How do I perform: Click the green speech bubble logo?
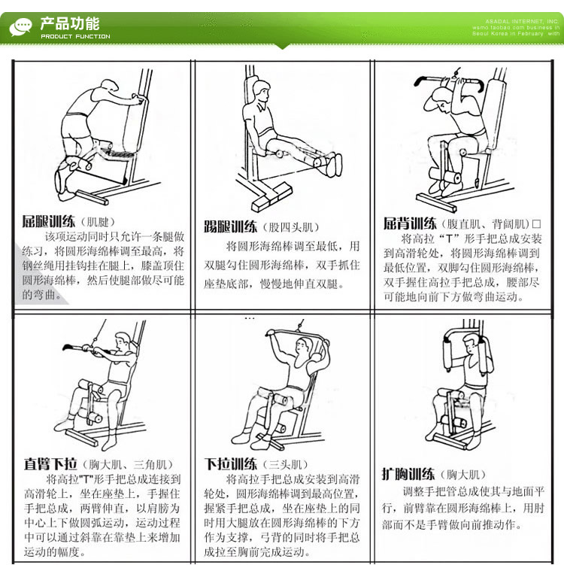click(20, 27)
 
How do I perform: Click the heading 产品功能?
click(69, 23)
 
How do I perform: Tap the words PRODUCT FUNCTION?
click(75, 36)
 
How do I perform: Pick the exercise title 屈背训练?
click(410, 223)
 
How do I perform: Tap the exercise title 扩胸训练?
click(408, 474)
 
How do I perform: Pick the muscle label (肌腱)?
click(97, 223)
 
